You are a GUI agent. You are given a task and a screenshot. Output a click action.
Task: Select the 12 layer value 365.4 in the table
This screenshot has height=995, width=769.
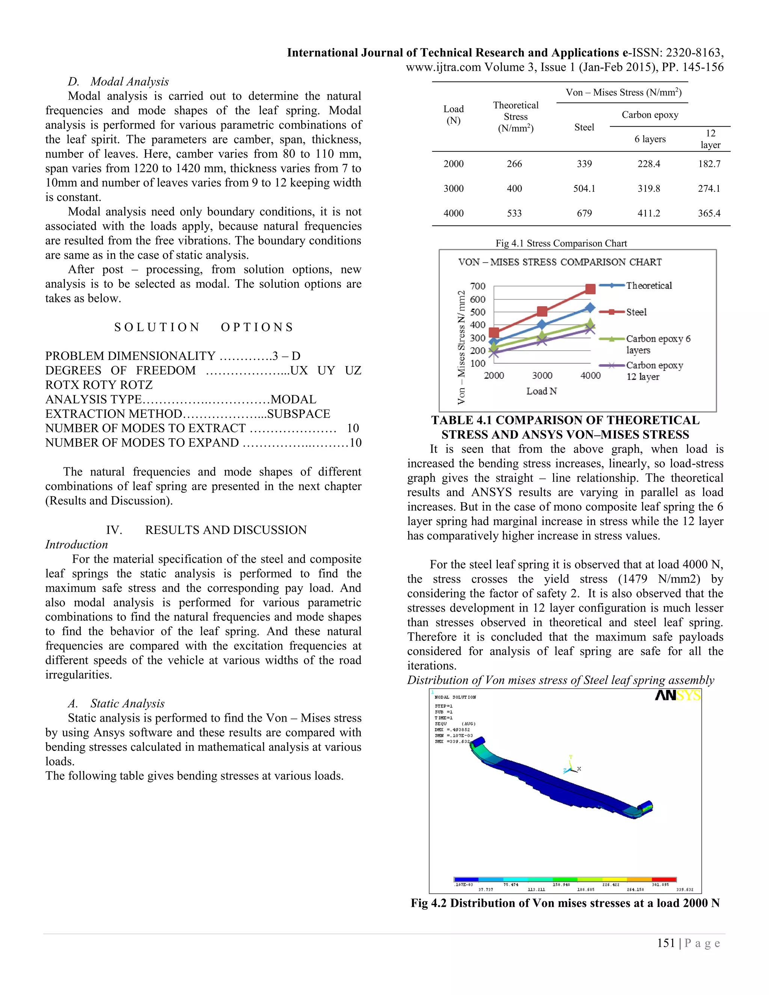point(709,213)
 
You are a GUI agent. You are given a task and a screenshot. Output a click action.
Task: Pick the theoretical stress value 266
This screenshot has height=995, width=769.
point(514,164)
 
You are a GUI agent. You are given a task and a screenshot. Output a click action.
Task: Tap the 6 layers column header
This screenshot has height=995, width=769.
point(650,139)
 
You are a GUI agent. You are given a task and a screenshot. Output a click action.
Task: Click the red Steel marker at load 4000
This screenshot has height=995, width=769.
point(590,289)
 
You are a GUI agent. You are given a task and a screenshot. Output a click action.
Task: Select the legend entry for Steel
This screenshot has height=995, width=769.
point(636,312)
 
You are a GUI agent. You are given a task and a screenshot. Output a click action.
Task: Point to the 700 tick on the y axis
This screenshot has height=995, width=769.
point(478,286)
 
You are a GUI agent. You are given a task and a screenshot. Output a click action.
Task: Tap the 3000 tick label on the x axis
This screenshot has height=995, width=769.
point(542,375)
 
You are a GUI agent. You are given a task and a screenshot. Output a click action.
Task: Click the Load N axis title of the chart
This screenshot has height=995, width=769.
point(541,391)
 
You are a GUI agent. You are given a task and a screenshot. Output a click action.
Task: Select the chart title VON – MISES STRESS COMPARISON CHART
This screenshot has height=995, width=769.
point(559,262)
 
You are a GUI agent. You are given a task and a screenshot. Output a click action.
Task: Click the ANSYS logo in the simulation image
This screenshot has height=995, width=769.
point(677,696)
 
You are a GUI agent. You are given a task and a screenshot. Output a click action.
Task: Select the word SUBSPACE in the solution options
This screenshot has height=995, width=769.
point(299,414)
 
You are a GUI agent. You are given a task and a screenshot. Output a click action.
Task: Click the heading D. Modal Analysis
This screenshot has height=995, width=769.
point(118,81)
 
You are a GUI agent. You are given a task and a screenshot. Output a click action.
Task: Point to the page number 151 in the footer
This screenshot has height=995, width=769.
point(666,943)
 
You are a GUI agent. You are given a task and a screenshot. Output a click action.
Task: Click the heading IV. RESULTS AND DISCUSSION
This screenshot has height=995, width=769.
point(207,530)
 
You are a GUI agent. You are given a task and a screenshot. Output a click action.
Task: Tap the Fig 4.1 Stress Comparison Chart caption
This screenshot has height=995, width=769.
point(561,243)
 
